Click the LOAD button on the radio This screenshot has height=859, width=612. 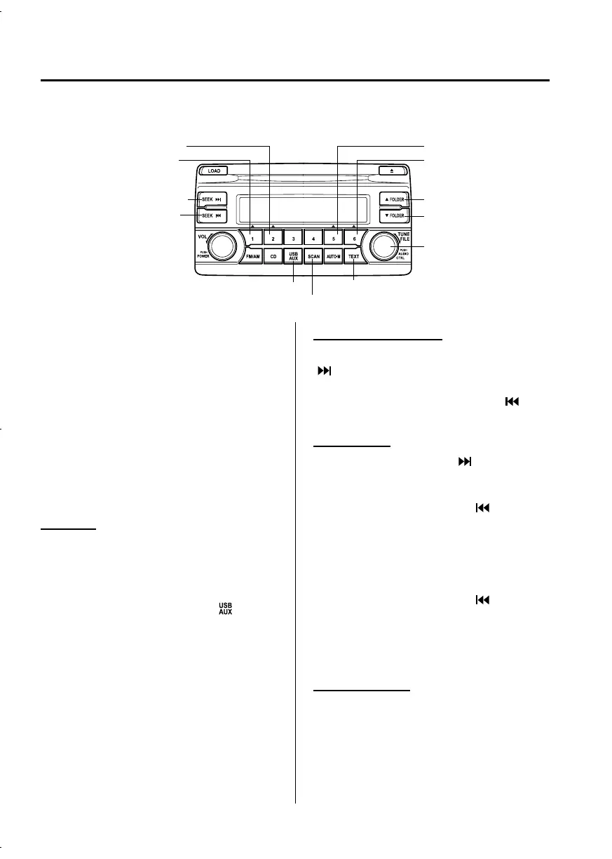point(214,170)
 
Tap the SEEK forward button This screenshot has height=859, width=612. point(214,199)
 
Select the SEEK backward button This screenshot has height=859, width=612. point(214,215)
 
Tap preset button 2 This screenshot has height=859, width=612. point(273,239)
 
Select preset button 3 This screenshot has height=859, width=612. point(293,239)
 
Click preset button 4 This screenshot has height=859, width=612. point(313,239)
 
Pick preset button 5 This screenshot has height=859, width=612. point(334,239)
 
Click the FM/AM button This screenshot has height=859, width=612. point(251,258)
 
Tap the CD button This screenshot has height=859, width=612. point(273,258)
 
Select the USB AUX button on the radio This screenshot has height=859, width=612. point(293,258)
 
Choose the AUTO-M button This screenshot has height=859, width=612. point(334,258)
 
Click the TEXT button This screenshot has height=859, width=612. point(355,258)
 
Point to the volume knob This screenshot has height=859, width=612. point(221,246)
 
